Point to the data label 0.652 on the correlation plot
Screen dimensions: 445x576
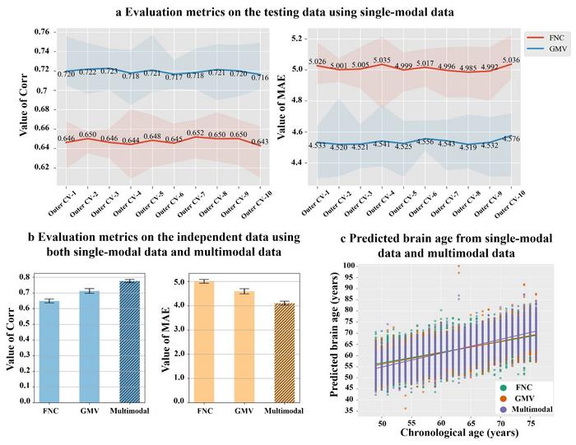tap(195, 133)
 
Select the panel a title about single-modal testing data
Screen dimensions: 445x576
tap(287, 12)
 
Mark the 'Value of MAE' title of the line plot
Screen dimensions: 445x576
tap(279, 103)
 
